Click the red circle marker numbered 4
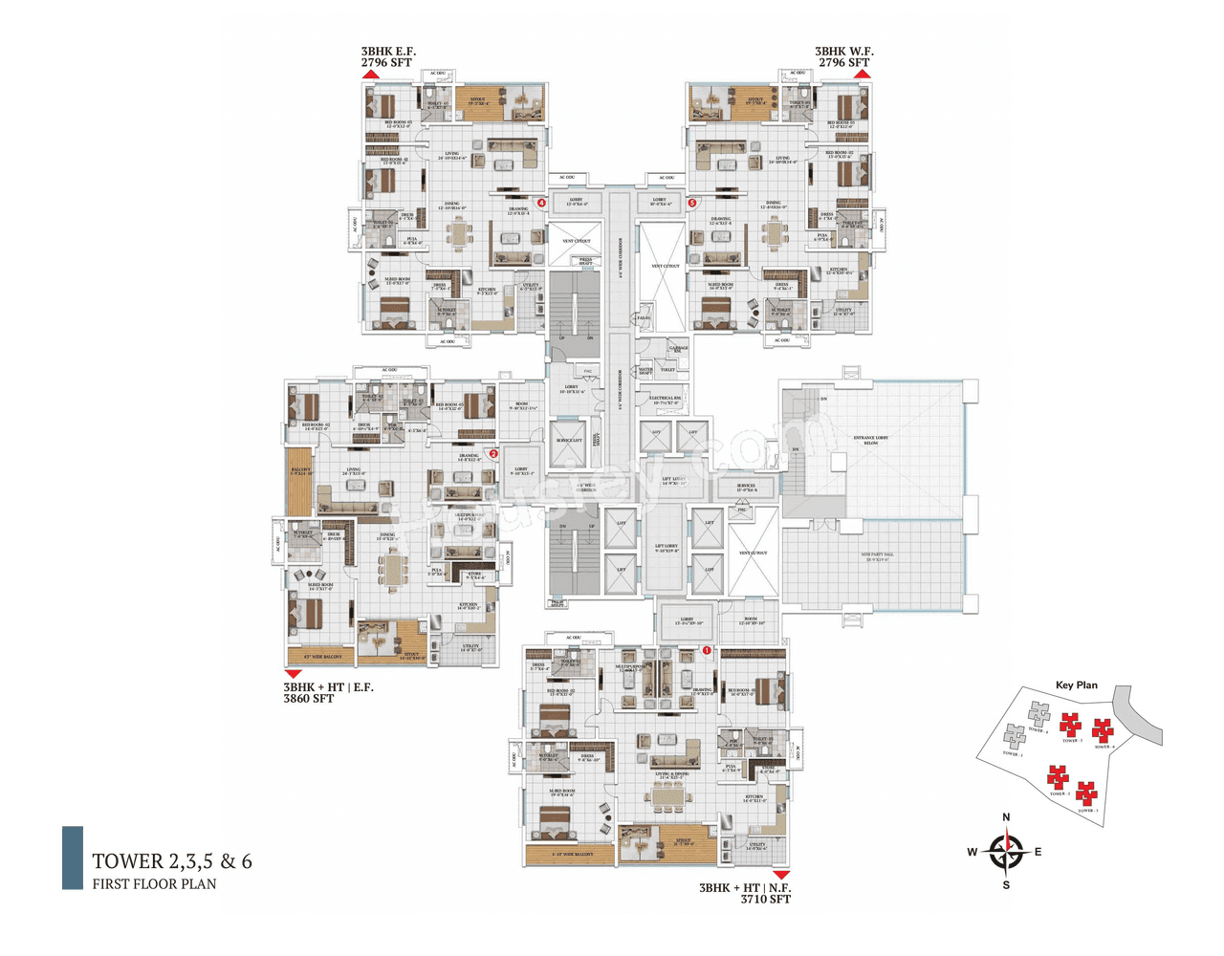541,203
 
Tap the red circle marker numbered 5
692,203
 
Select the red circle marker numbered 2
493,454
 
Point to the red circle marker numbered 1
707,650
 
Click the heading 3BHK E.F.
388,52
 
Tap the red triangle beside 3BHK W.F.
862,74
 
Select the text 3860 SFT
309,699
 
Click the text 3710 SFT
765,899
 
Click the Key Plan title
1076,684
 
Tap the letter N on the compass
1006,817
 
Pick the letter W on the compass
972,852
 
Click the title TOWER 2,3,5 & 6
172,861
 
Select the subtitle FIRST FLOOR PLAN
154,884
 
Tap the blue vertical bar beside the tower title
73,858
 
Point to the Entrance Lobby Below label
870,440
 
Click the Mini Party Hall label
876,556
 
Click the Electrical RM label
666,400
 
